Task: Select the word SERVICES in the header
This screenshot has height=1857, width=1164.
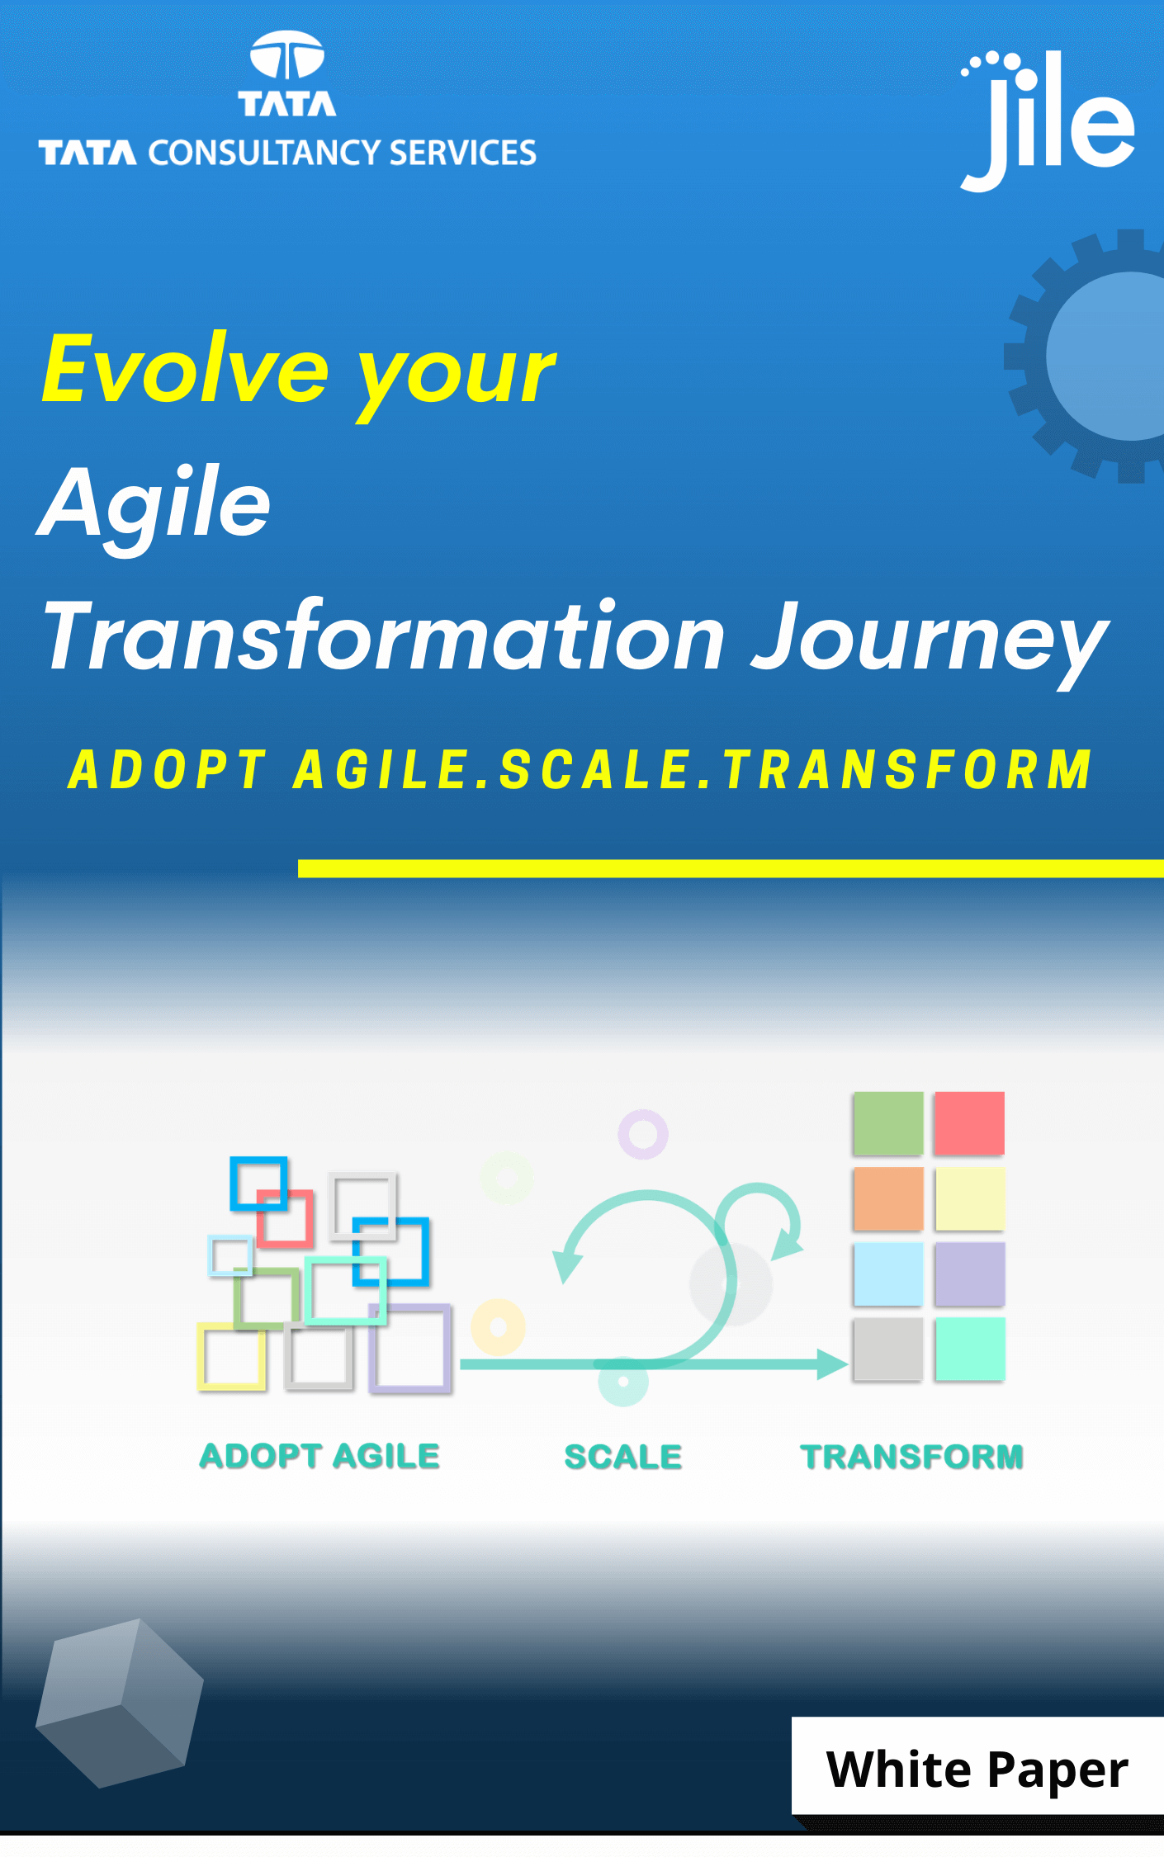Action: point(462,154)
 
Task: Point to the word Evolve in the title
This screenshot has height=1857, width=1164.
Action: point(186,369)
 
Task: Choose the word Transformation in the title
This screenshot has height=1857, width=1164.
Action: point(385,636)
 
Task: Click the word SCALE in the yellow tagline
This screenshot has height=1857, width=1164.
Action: point(594,770)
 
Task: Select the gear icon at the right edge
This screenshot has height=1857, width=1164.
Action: point(1085,356)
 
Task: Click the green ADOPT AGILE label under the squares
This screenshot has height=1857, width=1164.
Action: point(319,1457)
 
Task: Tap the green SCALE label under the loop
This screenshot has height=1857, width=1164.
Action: point(623,1458)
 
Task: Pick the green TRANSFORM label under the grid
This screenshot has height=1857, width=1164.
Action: point(912,1458)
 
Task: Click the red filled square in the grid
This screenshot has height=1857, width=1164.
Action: point(969,1123)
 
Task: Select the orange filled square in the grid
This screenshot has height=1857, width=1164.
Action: point(888,1198)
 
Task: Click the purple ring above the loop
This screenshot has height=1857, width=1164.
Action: point(643,1114)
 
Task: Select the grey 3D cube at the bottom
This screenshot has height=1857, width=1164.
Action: point(120,1704)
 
